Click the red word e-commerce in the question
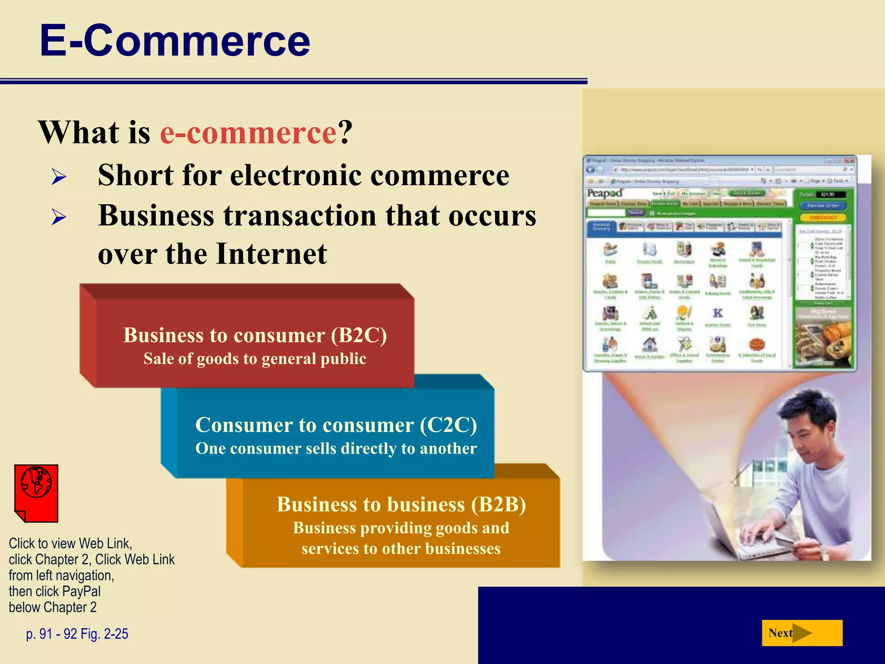(x=248, y=132)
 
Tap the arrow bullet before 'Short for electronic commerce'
(x=59, y=177)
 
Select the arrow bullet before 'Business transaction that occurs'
(x=59, y=217)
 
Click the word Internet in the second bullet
(x=271, y=254)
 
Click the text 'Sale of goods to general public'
(x=255, y=359)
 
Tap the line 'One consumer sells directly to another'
(x=336, y=448)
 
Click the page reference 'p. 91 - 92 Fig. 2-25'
(x=77, y=634)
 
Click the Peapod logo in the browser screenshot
(x=604, y=193)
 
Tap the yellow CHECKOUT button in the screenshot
(x=823, y=217)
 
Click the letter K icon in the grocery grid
(x=718, y=313)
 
